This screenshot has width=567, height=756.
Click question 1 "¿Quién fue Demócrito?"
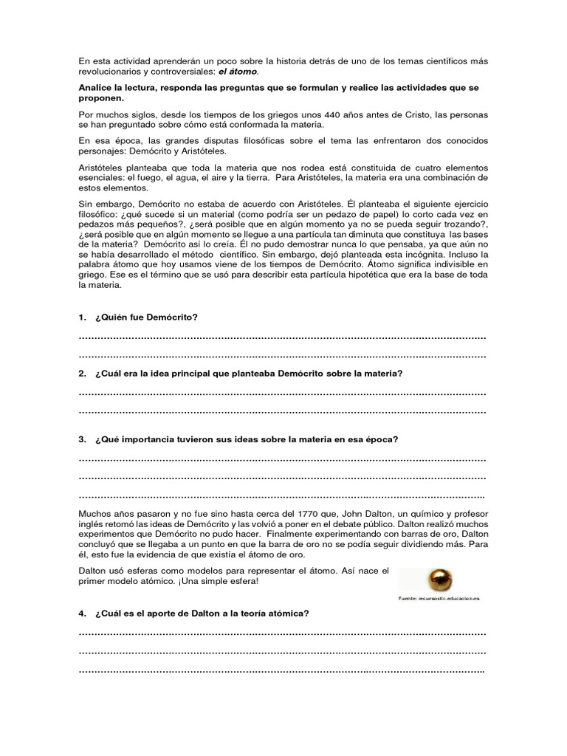pos(147,317)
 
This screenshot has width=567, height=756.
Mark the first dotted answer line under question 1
pos(282,337)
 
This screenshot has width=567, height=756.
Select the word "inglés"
pos(93,523)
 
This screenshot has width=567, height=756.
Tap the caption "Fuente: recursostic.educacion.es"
pos(438,598)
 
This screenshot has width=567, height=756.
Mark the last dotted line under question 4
pos(282,671)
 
